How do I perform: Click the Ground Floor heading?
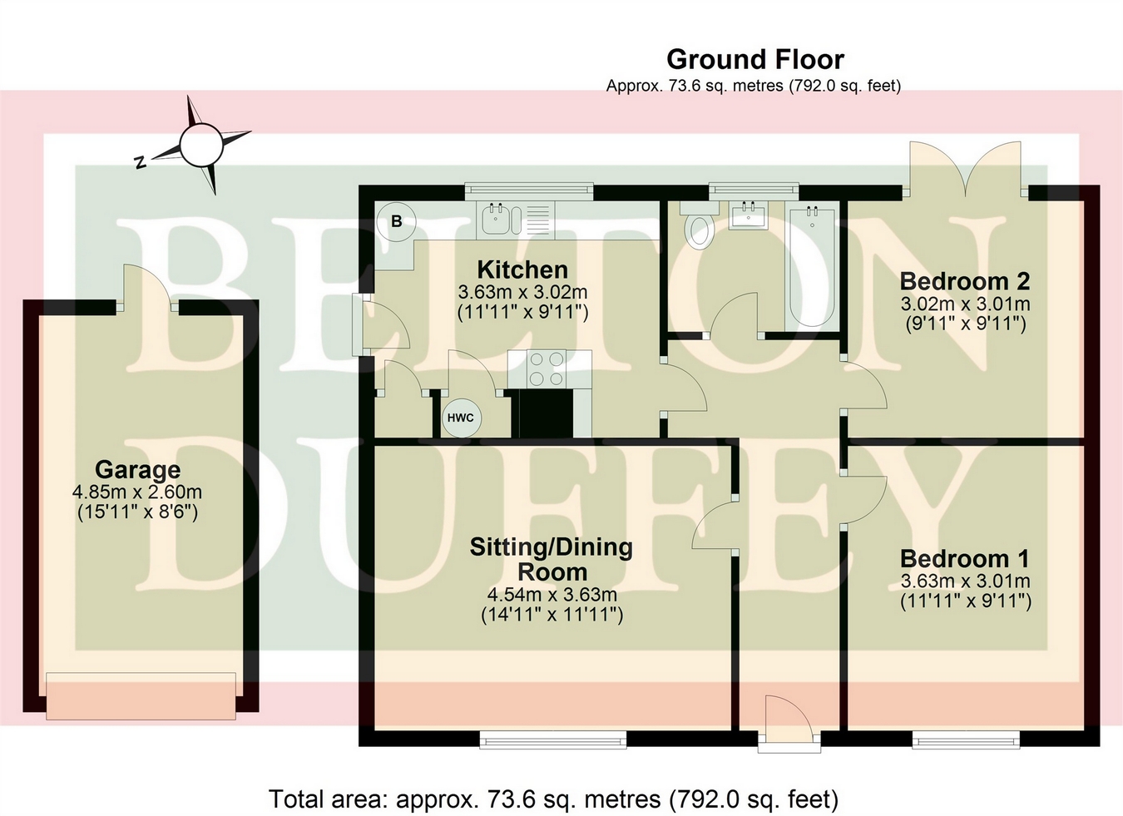pyautogui.click(x=755, y=60)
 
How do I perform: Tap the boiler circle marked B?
pyautogui.click(x=396, y=221)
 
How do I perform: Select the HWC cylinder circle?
pyautogui.click(x=461, y=418)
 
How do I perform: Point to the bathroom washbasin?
pyautogui.click(x=748, y=215)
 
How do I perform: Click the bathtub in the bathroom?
pyautogui.click(x=812, y=266)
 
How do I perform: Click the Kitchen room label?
pyautogui.click(x=522, y=270)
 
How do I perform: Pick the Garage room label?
pyautogui.click(x=138, y=470)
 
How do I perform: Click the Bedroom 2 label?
pyautogui.click(x=965, y=280)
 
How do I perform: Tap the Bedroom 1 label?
pyautogui.click(x=965, y=558)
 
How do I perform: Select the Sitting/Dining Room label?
pyautogui.click(x=552, y=559)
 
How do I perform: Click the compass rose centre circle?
pyautogui.click(x=201, y=146)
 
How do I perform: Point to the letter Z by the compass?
pyautogui.click(x=141, y=162)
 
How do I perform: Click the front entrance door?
pyautogui.click(x=789, y=722)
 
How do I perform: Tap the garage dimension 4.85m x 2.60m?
pyautogui.click(x=137, y=492)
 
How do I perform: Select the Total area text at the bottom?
pyautogui.click(x=554, y=798)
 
